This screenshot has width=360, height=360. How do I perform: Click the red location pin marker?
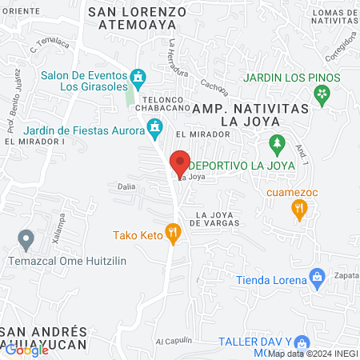(180, 163)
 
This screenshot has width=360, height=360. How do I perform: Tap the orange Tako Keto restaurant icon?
(172, 233)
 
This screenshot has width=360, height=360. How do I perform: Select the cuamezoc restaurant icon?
(299, 210)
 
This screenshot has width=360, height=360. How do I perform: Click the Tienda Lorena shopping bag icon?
(318, 278)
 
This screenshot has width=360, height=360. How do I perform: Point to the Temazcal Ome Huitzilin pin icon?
(26, 238)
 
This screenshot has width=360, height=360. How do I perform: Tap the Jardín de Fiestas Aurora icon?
(154, 126)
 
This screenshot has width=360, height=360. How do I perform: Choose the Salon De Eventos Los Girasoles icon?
(138, 78)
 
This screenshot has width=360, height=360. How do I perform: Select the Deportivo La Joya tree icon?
(278, 146)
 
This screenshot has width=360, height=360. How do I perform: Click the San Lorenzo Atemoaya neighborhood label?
(138, 18)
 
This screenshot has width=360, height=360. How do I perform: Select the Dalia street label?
(126, 186)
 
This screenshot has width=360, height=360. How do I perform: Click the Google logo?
(27, 349)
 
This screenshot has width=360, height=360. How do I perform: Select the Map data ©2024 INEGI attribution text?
(312, 353)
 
